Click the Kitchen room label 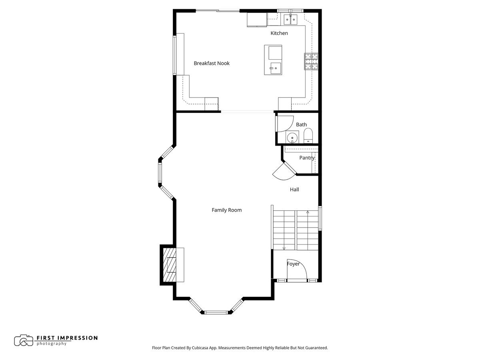pos(279,33)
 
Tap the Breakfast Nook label pos(212,63)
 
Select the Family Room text pos(226,210)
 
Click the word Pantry pos(307,158)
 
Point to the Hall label pos(294,190)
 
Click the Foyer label pos(293,264)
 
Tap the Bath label pos(301,125)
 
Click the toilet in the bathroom pos(308,136)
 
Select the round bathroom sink pos(292,137)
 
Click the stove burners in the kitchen pos(312,62)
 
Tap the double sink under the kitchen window pos(290,19)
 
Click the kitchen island pos(273,60)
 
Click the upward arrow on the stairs pos(308,212)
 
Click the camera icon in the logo pos(23,340)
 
